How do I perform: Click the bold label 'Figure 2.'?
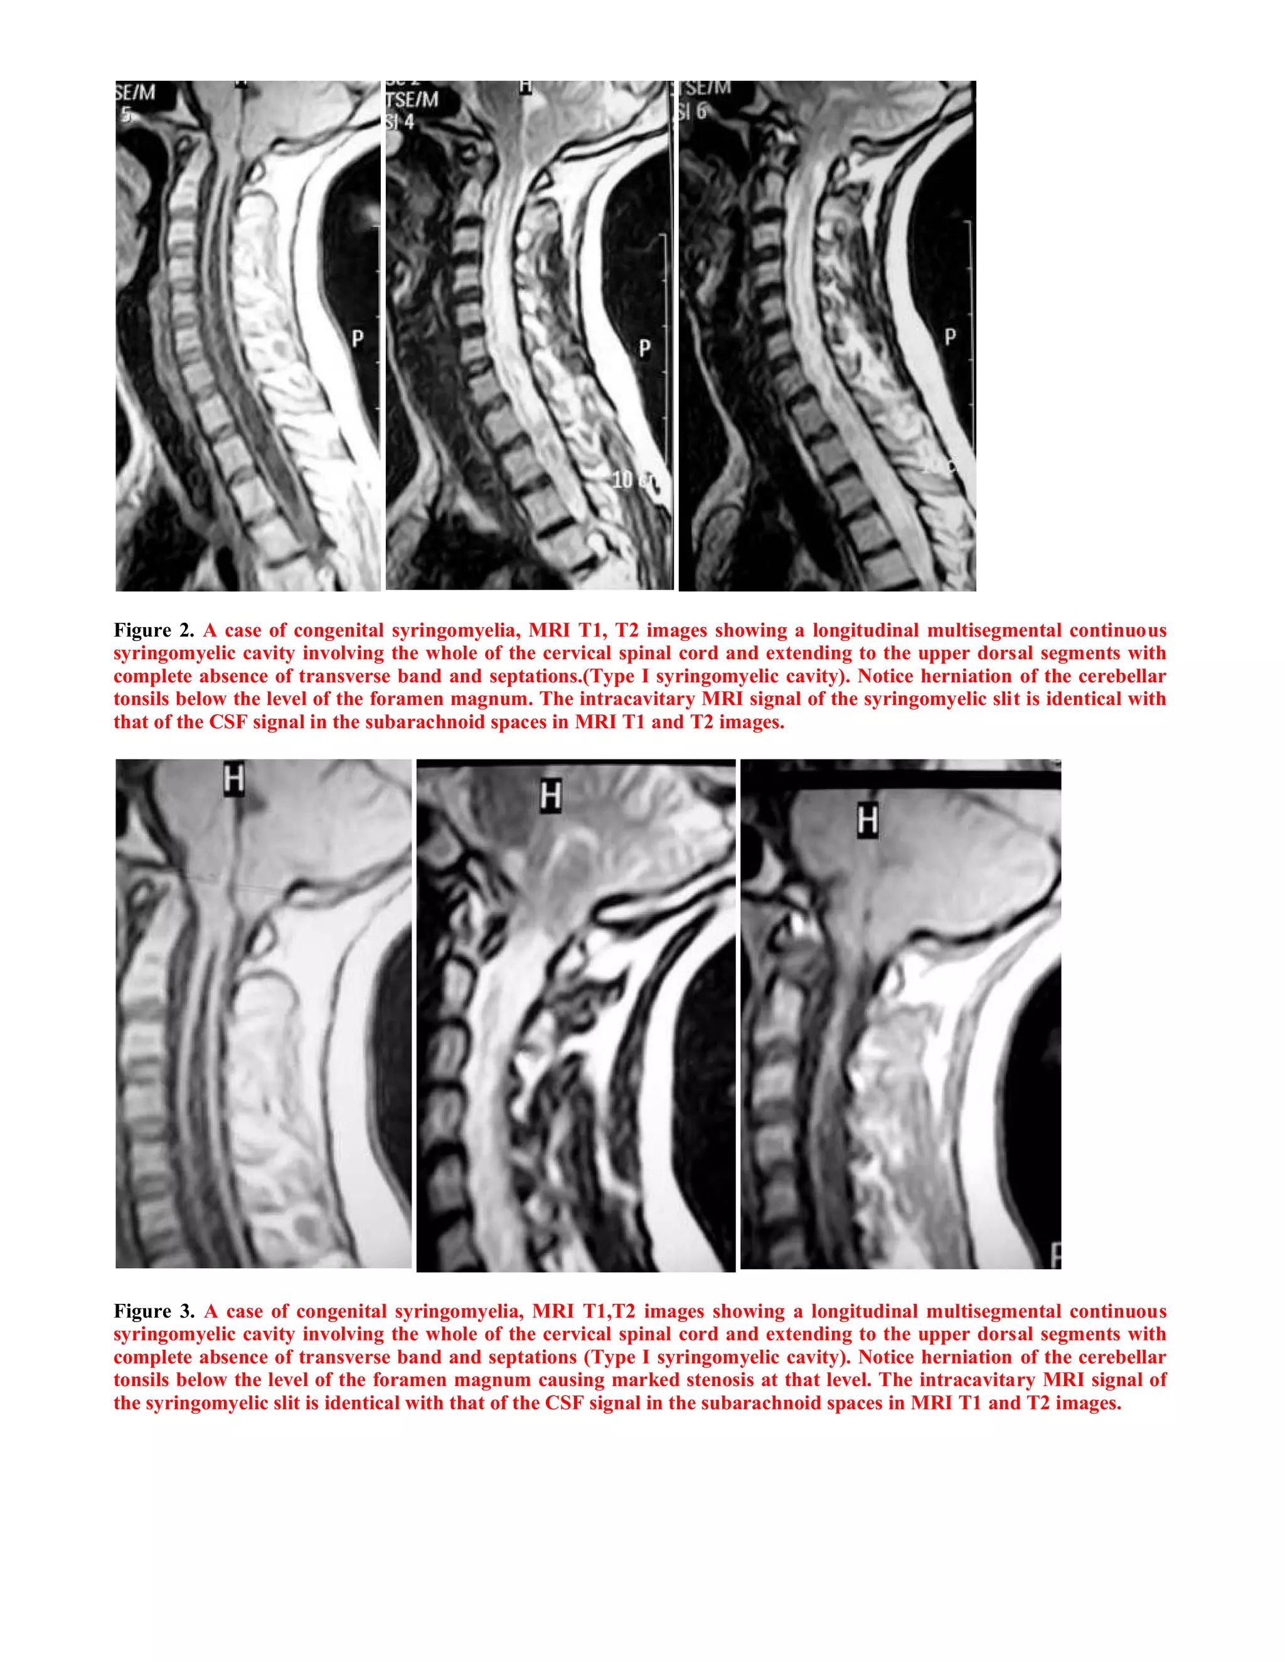[x=154, y=630]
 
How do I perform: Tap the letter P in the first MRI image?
[x=357, y=339]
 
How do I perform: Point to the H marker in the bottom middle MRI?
[x=550, y=795]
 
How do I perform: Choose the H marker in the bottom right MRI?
[x=868, y=820]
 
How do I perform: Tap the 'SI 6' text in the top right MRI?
[x=692, y=111]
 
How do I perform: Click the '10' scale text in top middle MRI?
[x=622, y=479]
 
